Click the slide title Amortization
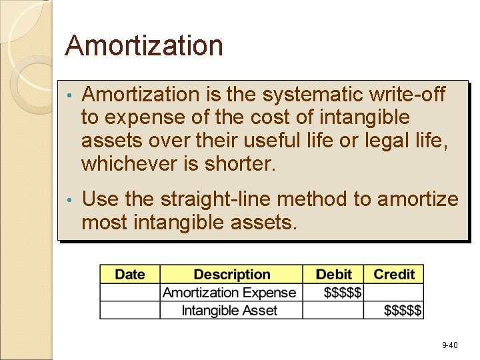(x=143, y=46)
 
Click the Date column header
(x=130, y=275)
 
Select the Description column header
(x=231, y=275)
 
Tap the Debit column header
(x=333, y=275)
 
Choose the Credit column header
(x=394, y=275)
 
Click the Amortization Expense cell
(x=229, y=293)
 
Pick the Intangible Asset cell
(x=229, y=310)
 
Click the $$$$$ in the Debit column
(x=342, y=293)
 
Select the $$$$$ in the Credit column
(x=402, y=310)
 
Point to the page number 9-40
(x=449, y=345)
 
